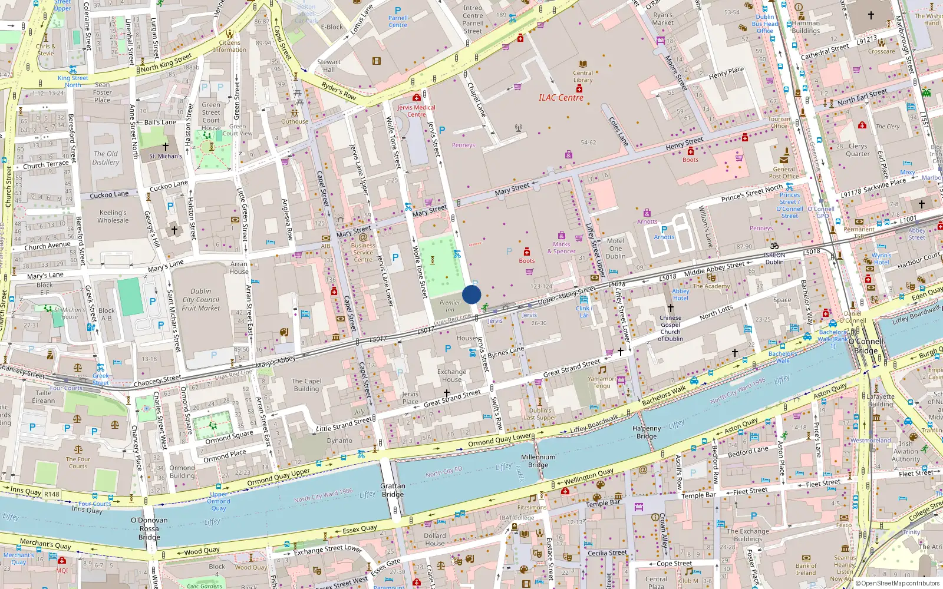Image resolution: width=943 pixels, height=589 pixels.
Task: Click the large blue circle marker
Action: click(x=471, y=294)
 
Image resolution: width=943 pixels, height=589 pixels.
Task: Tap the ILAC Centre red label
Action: click(x=560, y=98)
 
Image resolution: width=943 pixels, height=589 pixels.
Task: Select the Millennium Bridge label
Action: click(x=538, y=461)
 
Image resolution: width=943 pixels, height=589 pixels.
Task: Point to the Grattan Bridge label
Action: click(x=393, y=490)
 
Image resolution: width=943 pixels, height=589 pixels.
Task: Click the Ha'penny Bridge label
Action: click(x=647, y=432)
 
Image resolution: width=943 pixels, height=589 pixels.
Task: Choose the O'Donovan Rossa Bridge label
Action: click(x=149, y=528)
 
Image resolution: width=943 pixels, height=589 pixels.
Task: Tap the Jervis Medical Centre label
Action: click(x=416, y=111)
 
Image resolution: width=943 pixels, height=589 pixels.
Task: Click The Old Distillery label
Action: click(x=105, y=158)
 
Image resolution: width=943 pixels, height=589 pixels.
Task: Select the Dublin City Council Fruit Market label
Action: click(x=200, y=299)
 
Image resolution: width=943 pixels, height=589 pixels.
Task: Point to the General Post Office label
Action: click(x=783, y=173)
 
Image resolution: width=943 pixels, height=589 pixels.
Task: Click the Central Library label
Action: click(x=583, y=77)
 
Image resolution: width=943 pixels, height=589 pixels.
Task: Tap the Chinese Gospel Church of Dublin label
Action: click(x=670, y=328)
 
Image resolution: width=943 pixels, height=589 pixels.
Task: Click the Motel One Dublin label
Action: click(x=615, y=249)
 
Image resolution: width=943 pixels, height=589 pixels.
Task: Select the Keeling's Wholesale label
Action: click(x=113, y=216)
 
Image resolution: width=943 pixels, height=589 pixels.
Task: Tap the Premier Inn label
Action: click(x=450, y=306)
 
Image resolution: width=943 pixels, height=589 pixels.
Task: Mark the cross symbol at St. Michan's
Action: click(x=166, y=146)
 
